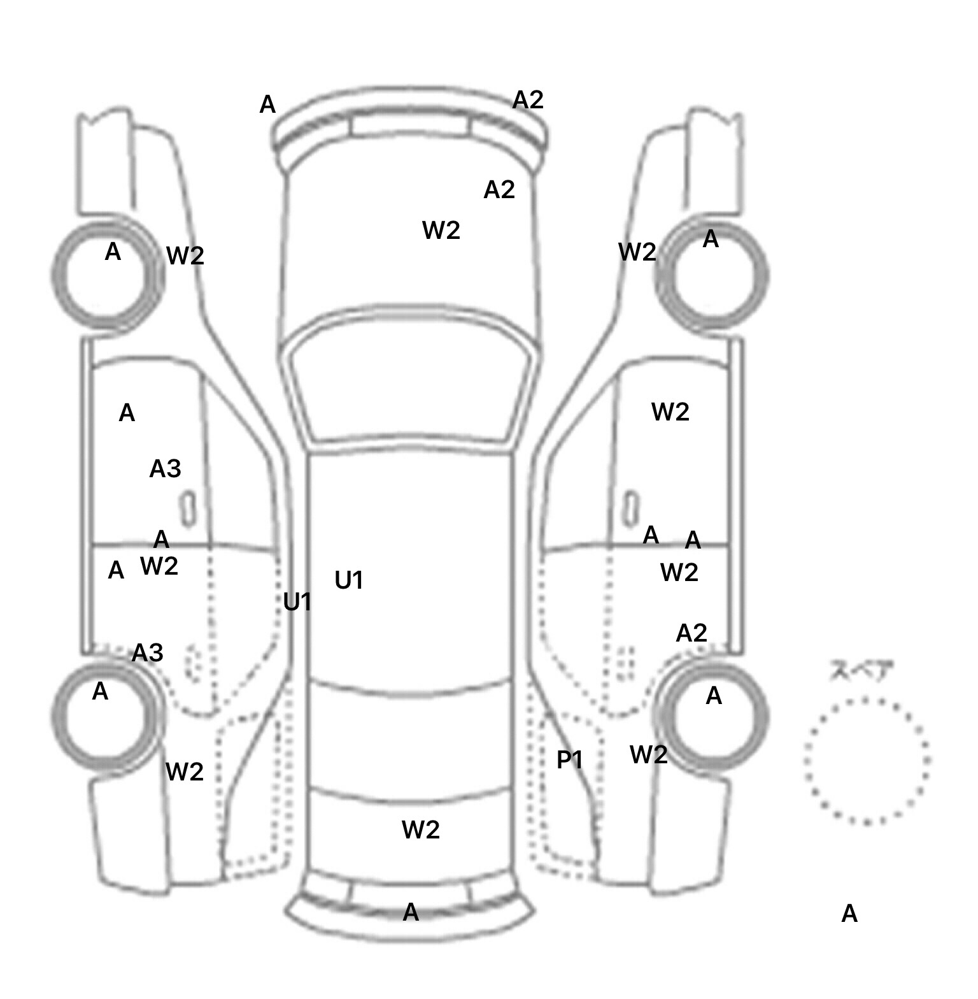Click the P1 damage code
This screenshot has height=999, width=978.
[x=570, y=759]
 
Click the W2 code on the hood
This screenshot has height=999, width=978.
[x=441, y=230]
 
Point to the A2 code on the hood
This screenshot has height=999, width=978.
[x=499, y=189]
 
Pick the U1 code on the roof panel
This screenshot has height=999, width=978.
[x=348, y=580]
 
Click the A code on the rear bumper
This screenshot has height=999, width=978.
[x=411, y=912]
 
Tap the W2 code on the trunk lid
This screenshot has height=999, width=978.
[x=420, y=830]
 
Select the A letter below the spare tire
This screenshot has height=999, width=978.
[x=849, y=914]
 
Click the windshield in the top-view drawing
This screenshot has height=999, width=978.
[x=411, y=382]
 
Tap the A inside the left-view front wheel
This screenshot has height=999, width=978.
[x=113, y=252]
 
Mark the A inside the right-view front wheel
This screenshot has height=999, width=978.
[x=711, y=240]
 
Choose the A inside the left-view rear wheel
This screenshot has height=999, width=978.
[x=100, y=691]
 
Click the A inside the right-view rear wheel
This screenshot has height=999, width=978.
[x=714, y=696]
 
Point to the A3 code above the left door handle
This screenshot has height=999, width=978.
[x=165, y=469]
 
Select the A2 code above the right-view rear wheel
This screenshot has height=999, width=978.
[x=691, y=633]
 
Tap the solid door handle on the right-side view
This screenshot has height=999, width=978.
[x=630, y=508]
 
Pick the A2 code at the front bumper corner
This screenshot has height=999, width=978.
[x=528, y=99]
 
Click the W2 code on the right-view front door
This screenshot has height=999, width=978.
[x=670, y=412]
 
